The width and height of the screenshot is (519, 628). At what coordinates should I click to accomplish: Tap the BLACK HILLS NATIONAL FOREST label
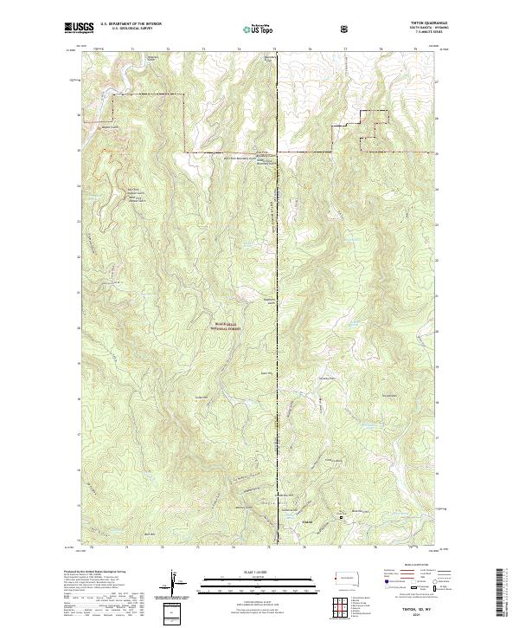click(x=228, y=326)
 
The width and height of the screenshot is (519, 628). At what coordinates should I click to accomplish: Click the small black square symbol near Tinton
click(x=341, y=518)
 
